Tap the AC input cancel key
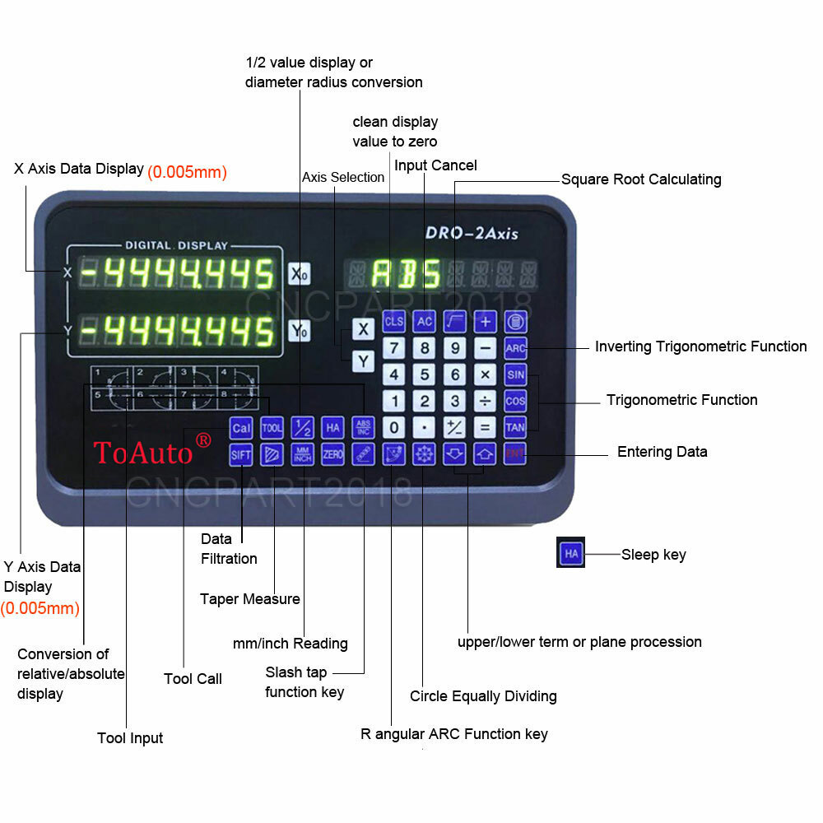coord(425,322)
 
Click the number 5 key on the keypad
coord(425,375)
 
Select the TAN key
coord(515,427)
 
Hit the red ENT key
coord(515,453)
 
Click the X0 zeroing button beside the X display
coord(299,274)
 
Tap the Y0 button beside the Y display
coord(299,332)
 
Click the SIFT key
coord(241,454)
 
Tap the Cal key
coord(241,427)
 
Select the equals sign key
coord(485,427)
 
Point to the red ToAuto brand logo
coord(152,450)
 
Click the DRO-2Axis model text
coord(472,233)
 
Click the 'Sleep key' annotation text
coord(653,555)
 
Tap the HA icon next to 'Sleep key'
coord(571,554)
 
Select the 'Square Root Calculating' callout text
coord(641,179)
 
